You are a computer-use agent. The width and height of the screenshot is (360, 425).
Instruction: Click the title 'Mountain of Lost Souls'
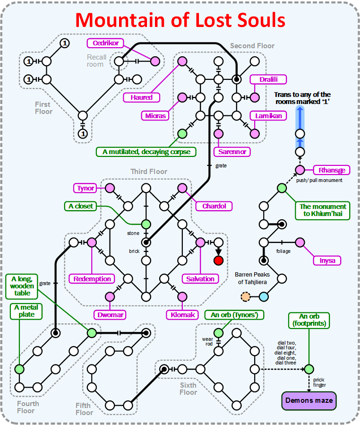(x=180, y=20)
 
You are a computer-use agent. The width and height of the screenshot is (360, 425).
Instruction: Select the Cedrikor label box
(x=105, y=43)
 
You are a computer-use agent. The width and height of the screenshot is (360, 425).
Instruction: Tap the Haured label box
(x=142, y=97)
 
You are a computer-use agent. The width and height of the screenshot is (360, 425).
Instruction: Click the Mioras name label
(x=155, y=115)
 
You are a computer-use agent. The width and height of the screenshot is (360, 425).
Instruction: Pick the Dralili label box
(x=265, y=79)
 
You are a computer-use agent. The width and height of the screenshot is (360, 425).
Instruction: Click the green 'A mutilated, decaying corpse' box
(x=146, y=152)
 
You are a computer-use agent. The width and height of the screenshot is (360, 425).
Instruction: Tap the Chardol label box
(x=214, y=206)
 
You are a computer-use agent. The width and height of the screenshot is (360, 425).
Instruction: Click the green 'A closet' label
(x=81, y=206)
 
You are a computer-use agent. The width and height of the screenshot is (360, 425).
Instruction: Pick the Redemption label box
(x=92, y=279)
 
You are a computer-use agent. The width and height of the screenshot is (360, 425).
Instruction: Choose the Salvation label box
(x=200, y=279)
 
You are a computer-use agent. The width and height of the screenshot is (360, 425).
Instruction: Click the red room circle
(x=218, y=260)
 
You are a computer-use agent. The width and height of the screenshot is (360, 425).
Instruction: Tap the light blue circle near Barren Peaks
(x=264, y=297)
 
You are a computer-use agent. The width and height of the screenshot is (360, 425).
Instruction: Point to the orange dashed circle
(x=245, y=297)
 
